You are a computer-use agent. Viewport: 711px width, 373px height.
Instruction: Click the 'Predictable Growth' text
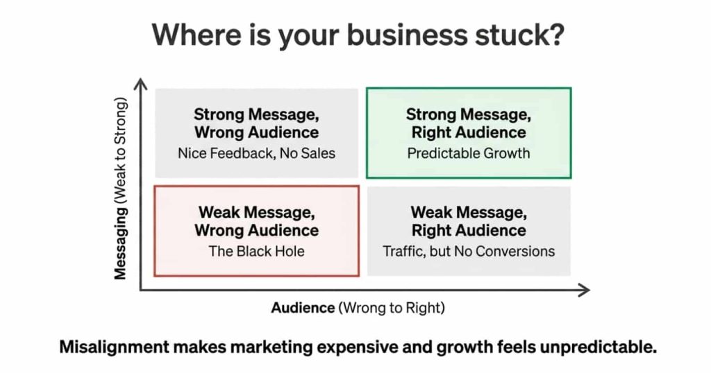468,153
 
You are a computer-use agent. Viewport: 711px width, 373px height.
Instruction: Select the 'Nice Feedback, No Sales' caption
256,153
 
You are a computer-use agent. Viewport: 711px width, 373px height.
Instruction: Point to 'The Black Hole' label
256,251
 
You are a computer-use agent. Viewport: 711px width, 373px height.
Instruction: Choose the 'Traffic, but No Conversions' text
469,251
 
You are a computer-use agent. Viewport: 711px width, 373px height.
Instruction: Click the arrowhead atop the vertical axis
141,85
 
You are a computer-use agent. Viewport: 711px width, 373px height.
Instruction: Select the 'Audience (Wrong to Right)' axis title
358,308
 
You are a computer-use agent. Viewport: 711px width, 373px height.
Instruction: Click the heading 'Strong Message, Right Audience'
468,123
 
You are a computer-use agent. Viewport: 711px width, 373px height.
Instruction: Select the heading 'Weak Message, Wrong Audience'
256,220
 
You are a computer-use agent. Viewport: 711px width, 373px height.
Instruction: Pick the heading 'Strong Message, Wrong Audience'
256,123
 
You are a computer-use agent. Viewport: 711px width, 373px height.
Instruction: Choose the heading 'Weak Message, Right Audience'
469,220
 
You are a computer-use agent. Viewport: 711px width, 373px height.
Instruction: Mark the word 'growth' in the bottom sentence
458,347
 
